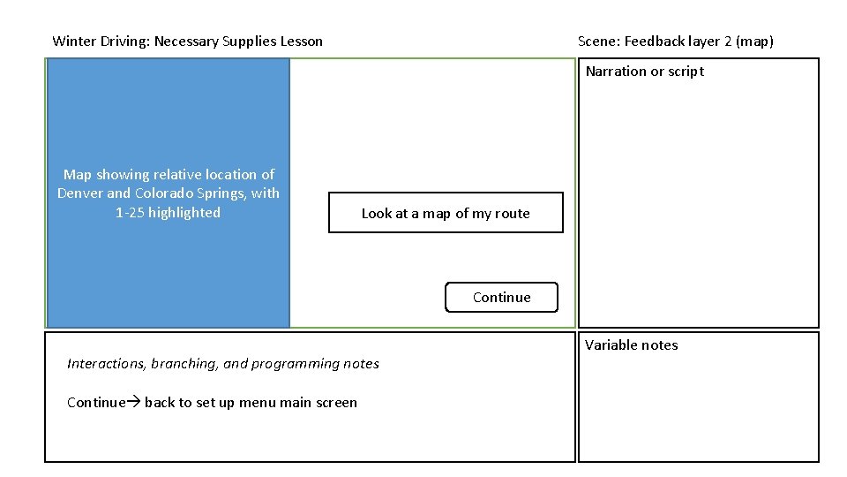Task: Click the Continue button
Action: [501, 298]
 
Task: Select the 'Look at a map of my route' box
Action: [446, 213]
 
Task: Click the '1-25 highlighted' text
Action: [168, 213]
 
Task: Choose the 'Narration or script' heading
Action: [644, 72]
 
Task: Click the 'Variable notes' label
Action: [632, 345]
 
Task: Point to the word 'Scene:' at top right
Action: [599, 42]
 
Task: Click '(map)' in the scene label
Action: [754, 42]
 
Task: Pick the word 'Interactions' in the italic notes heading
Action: [106, 364]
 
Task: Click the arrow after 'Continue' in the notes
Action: [134, 403]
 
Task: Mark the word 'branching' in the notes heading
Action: [184, 364]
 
